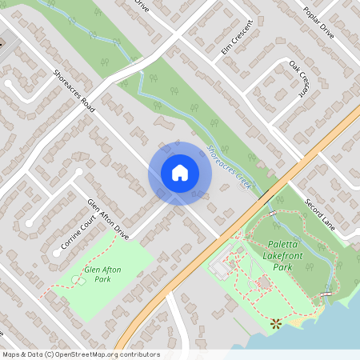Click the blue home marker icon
180,172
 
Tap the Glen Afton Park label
102,275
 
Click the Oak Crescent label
298,77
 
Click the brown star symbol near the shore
276,322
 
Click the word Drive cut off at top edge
142,5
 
